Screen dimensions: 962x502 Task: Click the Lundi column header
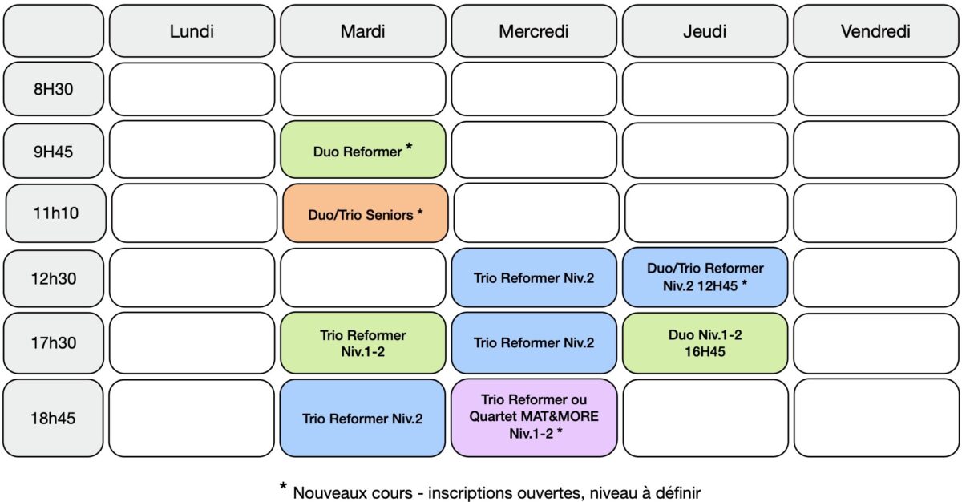(x=192, y=31)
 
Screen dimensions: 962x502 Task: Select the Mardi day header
(x=363, y=31)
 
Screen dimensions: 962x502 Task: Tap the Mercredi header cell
(x=534, y=31)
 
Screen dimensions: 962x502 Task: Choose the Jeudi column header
(x=705, y=31)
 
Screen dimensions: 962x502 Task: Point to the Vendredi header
(x=875, y=31)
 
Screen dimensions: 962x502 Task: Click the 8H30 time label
(x=53, y=89)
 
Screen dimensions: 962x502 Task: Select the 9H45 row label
(x=53, y=151)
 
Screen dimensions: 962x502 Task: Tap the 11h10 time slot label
(x=56, y=213)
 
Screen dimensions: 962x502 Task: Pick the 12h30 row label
(x=53, y=278)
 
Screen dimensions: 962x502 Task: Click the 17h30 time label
(x=53, y=342)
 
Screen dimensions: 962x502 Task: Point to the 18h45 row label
(x=53, y=418)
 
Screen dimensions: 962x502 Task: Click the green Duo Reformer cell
(x=363, y=149)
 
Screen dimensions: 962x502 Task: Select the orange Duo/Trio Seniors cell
(x=365, y=213)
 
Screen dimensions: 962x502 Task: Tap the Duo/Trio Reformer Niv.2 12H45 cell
(x=705, y=277)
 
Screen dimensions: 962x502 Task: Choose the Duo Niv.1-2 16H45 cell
(x=705, y=342)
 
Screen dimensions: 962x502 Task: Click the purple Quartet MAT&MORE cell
(x=534, y=418)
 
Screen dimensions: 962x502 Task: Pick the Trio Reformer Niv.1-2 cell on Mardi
(x=363, y=342)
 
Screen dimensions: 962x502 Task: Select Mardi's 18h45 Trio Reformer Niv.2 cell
(x=362, y=418)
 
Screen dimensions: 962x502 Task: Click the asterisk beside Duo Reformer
(x=409, y=147)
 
